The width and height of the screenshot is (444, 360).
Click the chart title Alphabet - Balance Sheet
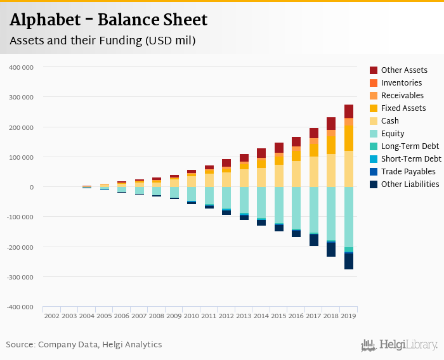(108, 20)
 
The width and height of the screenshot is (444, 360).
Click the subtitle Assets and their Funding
(102, 41)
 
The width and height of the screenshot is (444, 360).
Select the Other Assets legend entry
(404, 70)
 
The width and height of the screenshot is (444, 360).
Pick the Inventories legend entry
(401, 83)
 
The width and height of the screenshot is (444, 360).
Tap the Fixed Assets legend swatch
(374, 108)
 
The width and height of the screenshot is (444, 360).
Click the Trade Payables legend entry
(408, 172)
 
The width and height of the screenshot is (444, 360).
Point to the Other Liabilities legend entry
(410, 184)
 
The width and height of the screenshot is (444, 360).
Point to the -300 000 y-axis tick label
(21, 276)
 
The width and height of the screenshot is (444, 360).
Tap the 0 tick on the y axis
(30, 187)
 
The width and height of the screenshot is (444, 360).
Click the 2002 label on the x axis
(52, 315)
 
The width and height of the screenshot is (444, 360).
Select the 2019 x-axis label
(348, 315)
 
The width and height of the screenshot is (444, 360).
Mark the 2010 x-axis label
(192, 315)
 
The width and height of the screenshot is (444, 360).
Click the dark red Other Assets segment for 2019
(349, 111)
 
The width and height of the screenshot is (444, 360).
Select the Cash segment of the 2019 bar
(349, 169)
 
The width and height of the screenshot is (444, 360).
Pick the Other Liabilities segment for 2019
(349, 261)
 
